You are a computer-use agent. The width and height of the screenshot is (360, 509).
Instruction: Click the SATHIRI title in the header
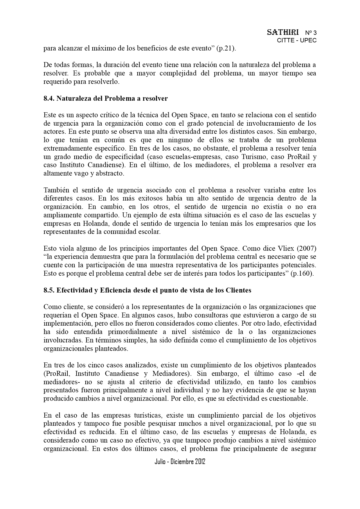(282, 33)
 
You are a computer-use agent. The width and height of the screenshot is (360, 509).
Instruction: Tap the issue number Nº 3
(311, 33)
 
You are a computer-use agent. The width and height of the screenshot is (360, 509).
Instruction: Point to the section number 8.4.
(49, 98)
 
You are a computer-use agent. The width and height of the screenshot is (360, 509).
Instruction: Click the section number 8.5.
(49, 290)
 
